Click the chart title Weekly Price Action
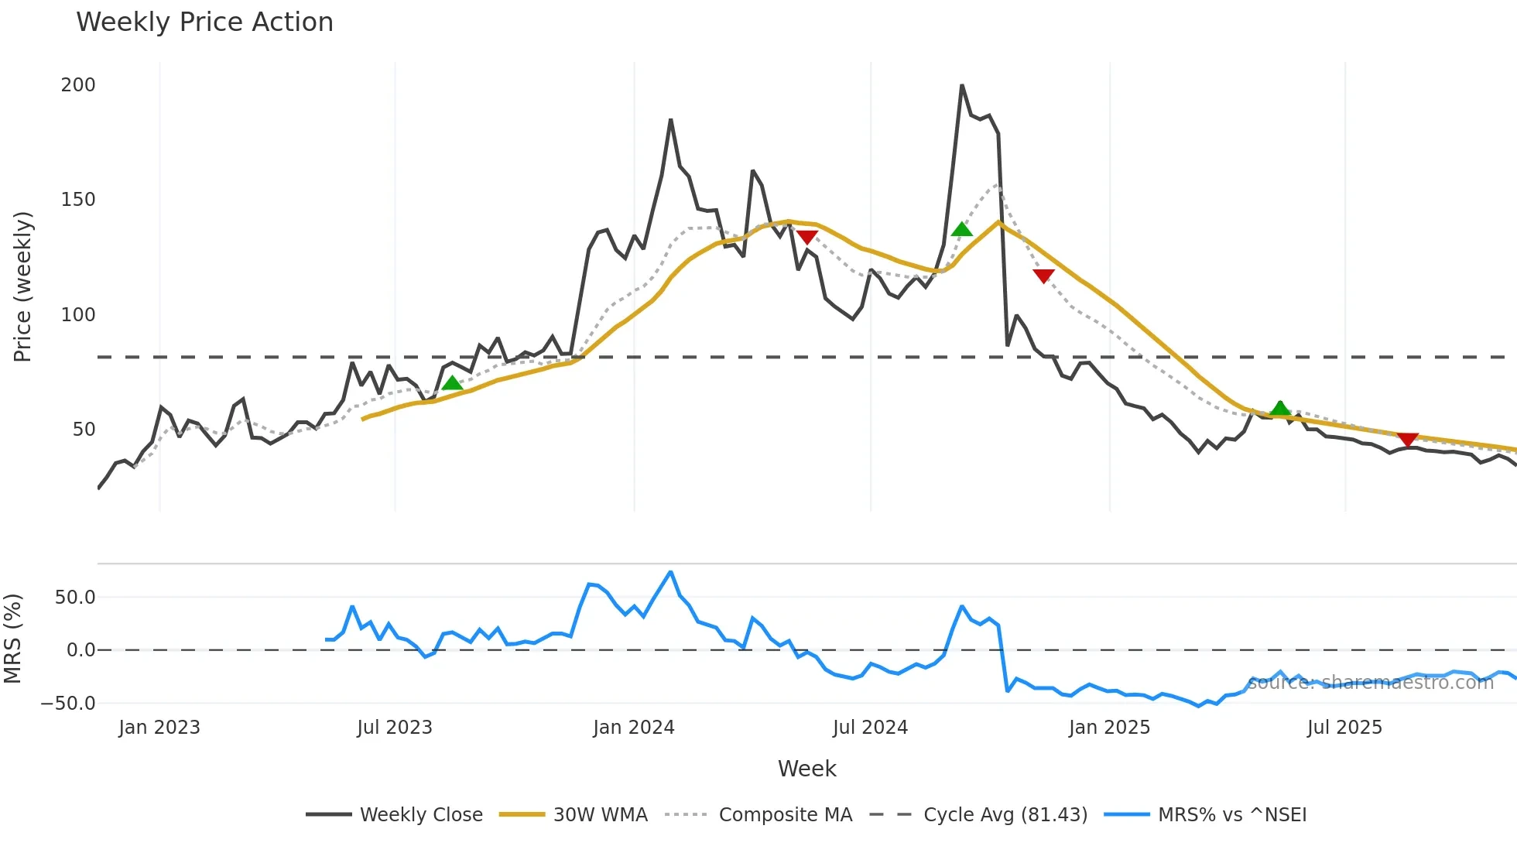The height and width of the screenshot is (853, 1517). point(204,22)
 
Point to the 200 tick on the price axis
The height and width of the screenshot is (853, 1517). point(78,85)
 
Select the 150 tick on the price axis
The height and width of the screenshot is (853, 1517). point(78,200)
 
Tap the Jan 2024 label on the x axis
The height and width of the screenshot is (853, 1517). point(633,728)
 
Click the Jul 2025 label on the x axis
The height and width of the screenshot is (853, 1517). point(1344,728)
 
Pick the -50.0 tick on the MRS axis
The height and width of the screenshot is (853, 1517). point(68,704)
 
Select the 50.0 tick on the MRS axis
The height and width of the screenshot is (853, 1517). point(75,598)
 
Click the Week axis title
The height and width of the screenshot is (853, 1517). point(806,769)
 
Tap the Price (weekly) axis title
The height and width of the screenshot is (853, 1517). point(22,286)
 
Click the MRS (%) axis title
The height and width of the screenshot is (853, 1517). point(12,639)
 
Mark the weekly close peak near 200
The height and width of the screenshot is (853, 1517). point(962,85)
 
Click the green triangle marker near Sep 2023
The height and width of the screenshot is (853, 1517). point(452,383)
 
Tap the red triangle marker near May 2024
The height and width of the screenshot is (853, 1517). point(807,237)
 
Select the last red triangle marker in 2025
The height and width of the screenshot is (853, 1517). point(1407,440)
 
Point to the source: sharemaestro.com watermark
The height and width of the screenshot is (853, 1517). point(1370,683)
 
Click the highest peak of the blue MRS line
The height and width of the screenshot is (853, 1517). point(670,572)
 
